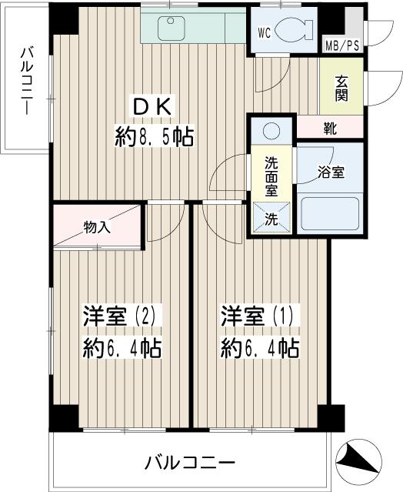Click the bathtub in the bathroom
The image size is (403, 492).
tap(330, 213)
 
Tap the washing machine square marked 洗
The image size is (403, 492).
tap(272, 218)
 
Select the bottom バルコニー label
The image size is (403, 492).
tap(189, 464)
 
